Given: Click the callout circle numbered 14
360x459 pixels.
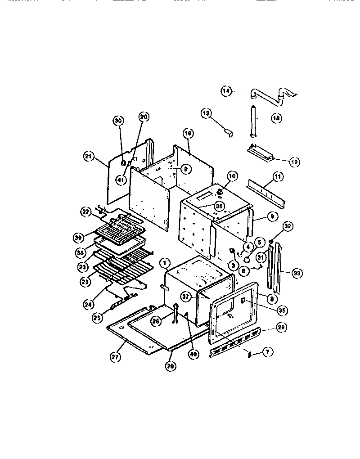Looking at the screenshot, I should [x=226, y=91].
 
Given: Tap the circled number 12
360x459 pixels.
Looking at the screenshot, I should [x=294, y=162].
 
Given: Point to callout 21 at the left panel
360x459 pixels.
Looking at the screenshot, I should [x=89, y=156].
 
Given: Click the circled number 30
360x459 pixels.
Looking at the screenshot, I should [x=118, y=121].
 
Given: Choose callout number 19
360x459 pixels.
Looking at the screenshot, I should [x=188, y=133].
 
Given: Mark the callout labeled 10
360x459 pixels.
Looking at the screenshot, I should [x=231, y=175].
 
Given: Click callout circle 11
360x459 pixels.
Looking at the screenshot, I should [x=278, y=177].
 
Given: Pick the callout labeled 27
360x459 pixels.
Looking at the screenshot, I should [x=114, y=358].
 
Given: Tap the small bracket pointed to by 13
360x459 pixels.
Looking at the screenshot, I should [x=228, y=132].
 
